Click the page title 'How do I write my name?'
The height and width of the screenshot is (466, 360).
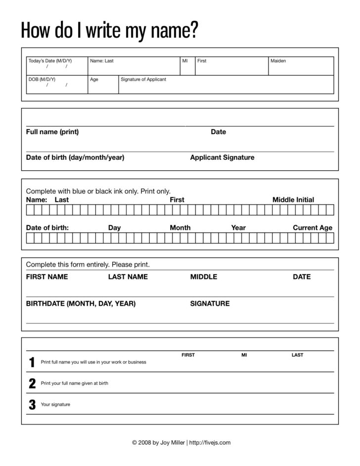110,31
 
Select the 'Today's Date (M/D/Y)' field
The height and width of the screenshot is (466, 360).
57,66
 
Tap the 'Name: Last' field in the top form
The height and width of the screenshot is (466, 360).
134,66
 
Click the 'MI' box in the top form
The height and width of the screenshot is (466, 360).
187,66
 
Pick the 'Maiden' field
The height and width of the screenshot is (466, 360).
301,66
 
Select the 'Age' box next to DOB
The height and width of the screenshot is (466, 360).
103,85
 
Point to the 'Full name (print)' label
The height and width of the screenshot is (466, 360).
52,132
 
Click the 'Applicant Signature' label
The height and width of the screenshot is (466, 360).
222,158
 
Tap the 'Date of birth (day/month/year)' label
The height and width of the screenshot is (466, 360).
75,158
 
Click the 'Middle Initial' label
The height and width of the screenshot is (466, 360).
293,200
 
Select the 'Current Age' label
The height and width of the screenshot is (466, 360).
313,228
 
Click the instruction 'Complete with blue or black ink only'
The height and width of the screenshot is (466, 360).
98,191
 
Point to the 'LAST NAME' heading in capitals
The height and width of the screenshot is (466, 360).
128,277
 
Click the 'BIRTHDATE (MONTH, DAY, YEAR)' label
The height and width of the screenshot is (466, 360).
81,304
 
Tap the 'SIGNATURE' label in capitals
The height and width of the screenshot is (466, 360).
210,304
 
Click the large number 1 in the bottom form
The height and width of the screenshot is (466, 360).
32,363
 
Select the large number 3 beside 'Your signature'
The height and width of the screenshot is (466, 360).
32,405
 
